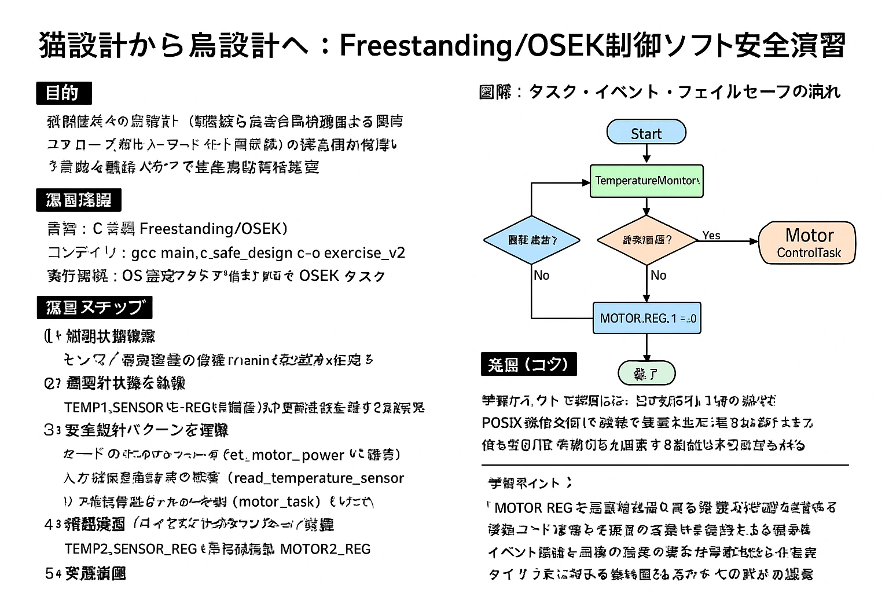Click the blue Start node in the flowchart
(x=646, y=133)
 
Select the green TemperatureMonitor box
(x=646, y=181)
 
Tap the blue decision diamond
(x=531, y=240)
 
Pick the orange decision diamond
(x=646, y=240)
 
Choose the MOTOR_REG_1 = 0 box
(x=646, y=318)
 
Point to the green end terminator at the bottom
(x=646, y=374)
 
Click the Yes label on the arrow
(x=711, y=235)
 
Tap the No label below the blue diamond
(x=541, y=276)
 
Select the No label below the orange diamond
(x=659, y=276)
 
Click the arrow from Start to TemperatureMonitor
(x=646, y=153)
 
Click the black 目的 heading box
(x=64, y=93)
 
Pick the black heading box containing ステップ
(x=94, y=308)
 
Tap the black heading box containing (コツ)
(x=528, y=365)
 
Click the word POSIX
(x=501, y=422)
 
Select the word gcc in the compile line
(x=144, y=253)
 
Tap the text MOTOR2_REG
(x=325, y=549)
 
